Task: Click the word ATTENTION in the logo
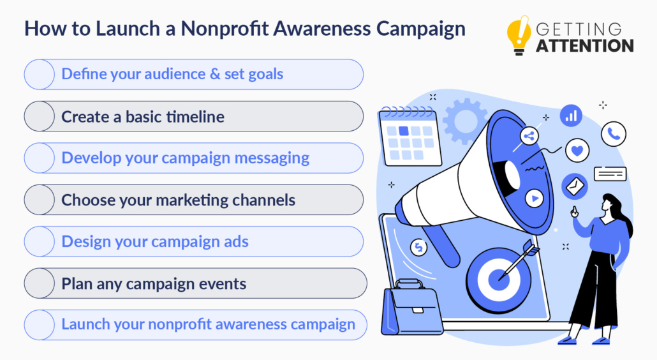[x=585, y=45]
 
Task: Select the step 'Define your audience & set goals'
[x=172, y=74]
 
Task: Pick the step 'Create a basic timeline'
[x=143, y=116]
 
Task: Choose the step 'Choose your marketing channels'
[x=178, y=200]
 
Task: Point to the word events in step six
[x=223, y=283]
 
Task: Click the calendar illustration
[x=406, y=136]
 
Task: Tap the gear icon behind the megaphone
[x=464, y=119]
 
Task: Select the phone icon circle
[x=614, y=134]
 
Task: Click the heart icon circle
[x=577, y=151]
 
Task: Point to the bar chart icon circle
[x=571, y=116]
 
